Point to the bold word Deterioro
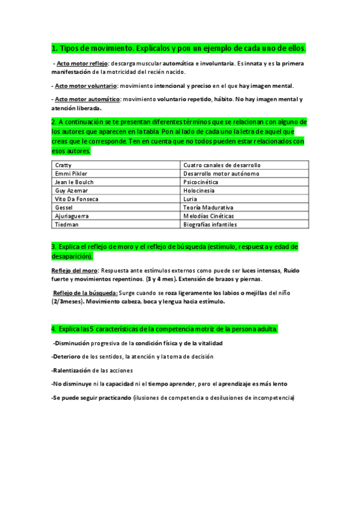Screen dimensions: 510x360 click(x=67, y=357)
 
